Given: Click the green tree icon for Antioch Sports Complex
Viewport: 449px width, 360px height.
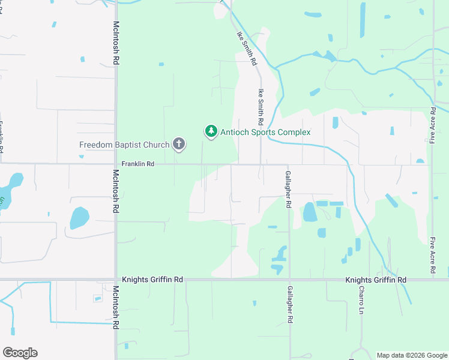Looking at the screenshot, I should click(x=211, y=131).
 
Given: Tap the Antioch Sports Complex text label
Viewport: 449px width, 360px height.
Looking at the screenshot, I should click(x=265, y=132).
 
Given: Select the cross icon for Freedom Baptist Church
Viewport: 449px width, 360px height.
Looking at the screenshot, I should click(x=178, y=144).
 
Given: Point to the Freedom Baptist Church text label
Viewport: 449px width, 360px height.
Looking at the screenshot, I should click(x=124, y=145).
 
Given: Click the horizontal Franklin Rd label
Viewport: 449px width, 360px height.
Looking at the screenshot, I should click(x=137, y=164).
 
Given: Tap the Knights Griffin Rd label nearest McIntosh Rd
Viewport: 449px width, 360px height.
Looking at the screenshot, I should click(x=152, y=280).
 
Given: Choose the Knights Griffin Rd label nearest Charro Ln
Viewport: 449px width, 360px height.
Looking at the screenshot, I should click(x=376, y=280).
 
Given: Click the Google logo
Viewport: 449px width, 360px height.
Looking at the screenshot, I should click(x=20, y=353).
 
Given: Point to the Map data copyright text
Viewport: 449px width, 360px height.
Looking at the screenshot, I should click(x=412, y=355).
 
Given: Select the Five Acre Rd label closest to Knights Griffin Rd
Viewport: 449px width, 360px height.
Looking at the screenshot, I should click(x=432, y=256).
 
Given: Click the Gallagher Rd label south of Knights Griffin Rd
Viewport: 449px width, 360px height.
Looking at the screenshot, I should click(x=289, y=306).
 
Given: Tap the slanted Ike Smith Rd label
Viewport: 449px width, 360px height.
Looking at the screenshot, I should click(x=247, y=49).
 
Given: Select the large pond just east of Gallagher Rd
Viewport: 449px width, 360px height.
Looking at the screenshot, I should click(x=309, y=211).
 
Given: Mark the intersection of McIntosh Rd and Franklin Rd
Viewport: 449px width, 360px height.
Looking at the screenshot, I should click(x=115, y=164).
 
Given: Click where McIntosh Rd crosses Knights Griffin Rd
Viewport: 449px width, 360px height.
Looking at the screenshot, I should click(x=115, y=280).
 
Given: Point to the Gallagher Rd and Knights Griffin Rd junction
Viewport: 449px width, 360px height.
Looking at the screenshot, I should click(x=289, y=280).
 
